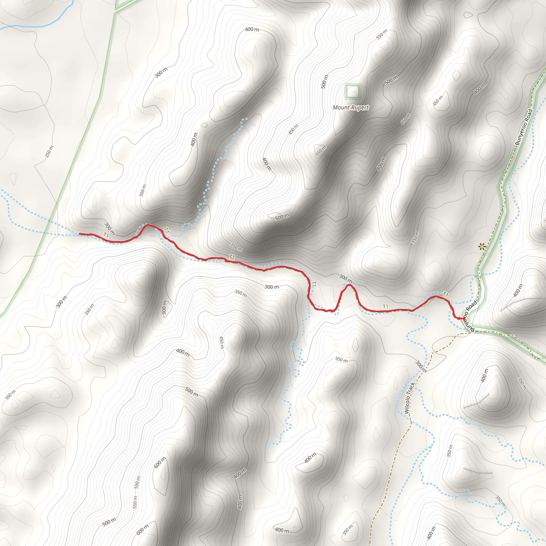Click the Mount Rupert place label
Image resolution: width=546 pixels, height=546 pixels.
351,108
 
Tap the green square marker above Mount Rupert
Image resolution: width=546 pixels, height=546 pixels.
353,91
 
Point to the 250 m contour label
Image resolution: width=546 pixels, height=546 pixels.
49,152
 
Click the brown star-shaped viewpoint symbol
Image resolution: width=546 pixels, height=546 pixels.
481,247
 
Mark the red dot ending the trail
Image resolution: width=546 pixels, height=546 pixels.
464,319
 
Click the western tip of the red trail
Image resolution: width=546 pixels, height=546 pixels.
80,234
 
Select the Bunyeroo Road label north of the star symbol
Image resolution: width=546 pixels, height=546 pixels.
524,127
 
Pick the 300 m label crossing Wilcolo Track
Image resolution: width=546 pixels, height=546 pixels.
421,366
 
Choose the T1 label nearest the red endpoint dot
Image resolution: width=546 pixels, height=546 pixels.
446,295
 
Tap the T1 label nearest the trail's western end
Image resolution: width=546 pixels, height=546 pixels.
106,235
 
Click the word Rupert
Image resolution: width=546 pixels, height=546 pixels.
359,108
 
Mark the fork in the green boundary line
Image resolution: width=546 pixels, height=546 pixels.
116,13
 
